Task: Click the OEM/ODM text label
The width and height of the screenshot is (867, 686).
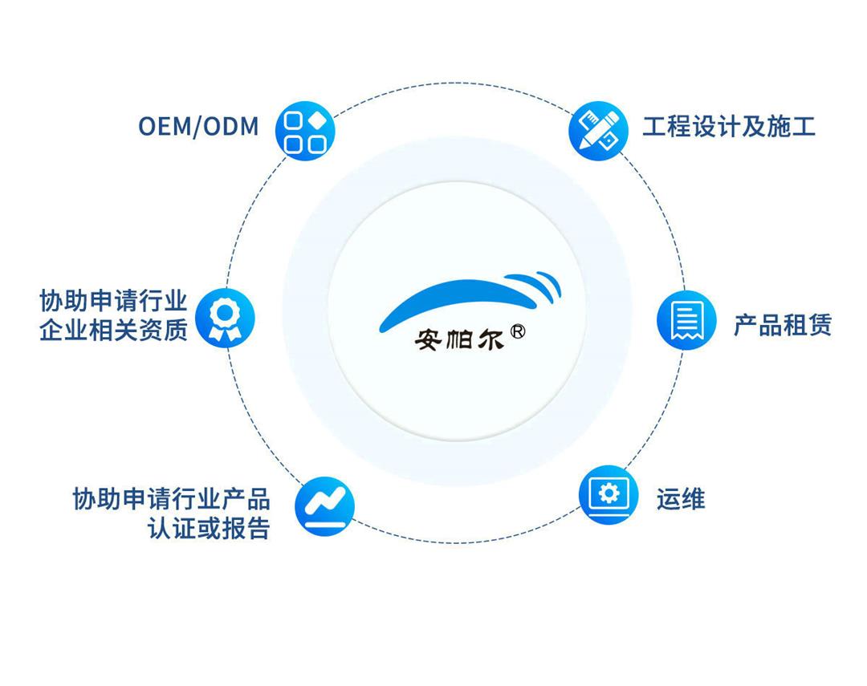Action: click(198, 126)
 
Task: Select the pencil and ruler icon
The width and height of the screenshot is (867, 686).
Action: click(598, 129)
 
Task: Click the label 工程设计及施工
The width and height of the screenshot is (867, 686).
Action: click(728, 126)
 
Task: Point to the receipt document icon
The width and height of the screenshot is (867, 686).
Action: click(686, 321)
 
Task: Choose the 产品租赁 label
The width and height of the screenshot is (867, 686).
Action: click(782, 324)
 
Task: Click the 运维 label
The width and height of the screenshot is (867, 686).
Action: click(680, 499)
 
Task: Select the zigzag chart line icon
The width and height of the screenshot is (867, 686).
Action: click(324, 505)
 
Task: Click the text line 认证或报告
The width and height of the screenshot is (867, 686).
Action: click(208, 529)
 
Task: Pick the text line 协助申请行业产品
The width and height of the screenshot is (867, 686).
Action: click(171, 498)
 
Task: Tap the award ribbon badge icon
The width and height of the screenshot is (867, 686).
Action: click(226, 317)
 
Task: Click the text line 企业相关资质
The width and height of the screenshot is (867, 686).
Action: click(113, 329)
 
